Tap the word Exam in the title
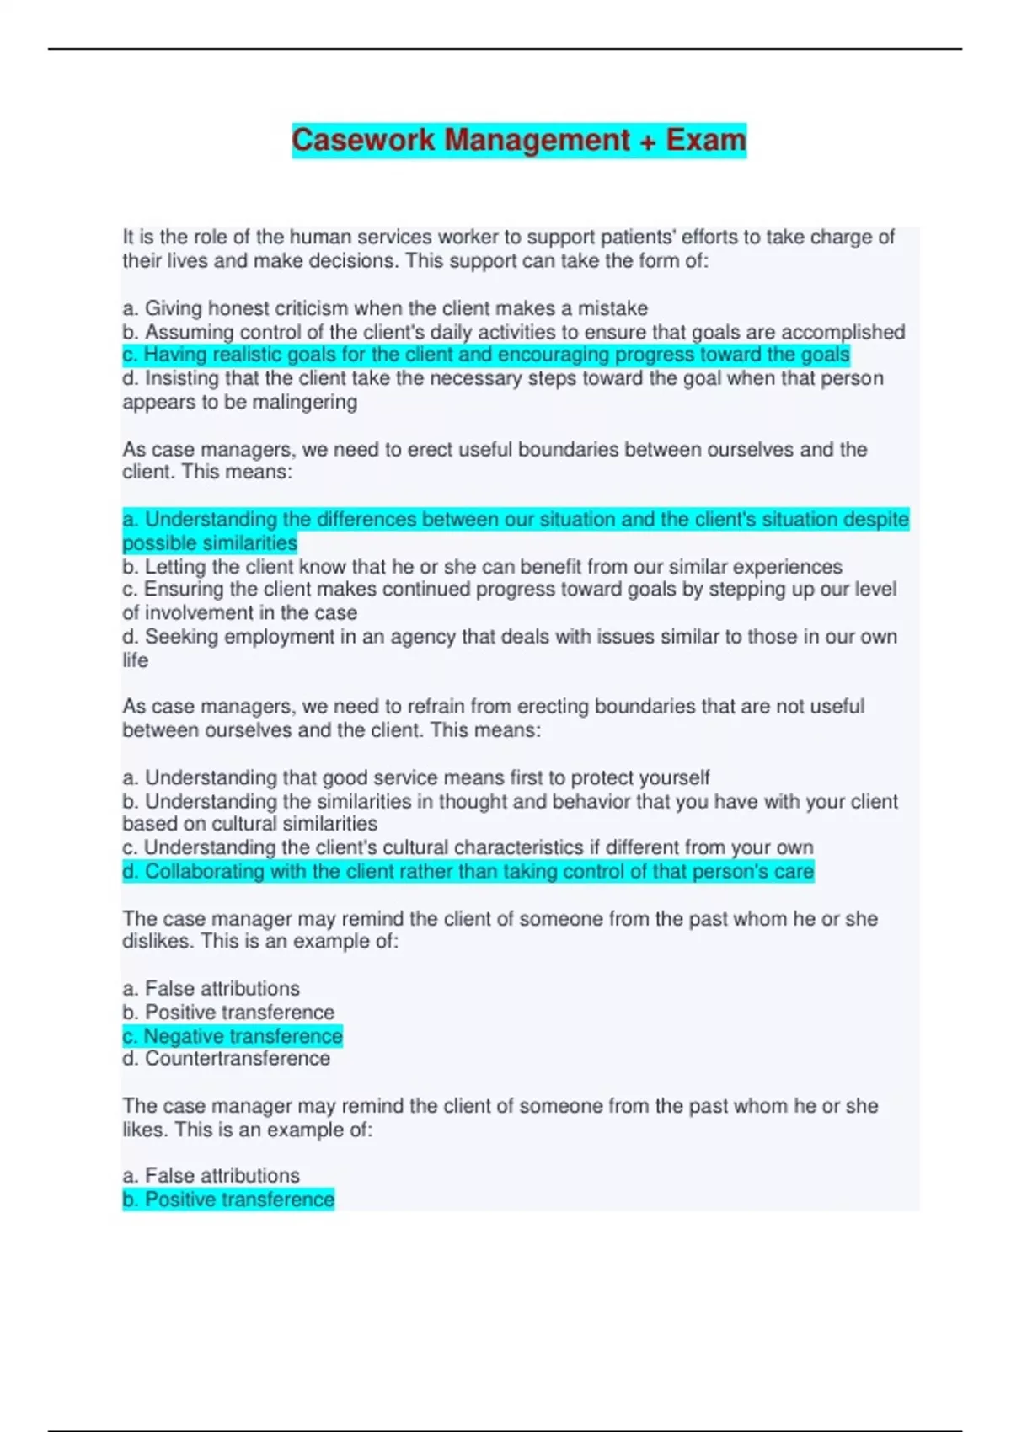(706, 140)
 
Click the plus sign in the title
(647, 141)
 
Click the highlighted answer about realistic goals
(485, 355)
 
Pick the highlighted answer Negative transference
(233, 1036)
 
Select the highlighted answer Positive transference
(228, 1200)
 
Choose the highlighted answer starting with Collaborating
(468, 872)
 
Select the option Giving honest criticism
(385, 308)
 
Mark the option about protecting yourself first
(416, 777)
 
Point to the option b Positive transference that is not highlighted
(228, 1013)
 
